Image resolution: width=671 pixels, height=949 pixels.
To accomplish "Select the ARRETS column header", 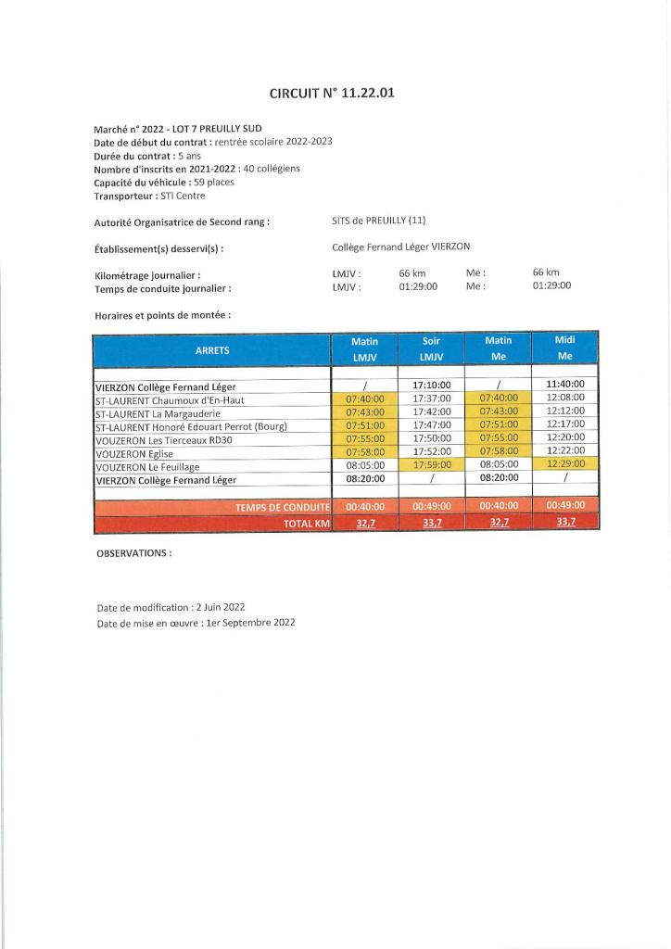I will [212, 350].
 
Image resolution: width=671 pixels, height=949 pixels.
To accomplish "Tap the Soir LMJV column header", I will [431, 348].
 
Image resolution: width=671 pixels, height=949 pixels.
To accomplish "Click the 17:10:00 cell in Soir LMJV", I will [431, 385].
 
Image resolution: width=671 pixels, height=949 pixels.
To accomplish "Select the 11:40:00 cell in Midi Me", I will [565, 384].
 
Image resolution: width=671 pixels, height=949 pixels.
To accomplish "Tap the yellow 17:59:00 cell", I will [431, 465].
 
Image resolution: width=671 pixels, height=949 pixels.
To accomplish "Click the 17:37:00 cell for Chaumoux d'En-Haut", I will [431, 399].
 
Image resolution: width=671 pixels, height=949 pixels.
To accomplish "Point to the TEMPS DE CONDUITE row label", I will [283, 507].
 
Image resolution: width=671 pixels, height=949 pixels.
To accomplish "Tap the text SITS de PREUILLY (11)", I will [378, 221].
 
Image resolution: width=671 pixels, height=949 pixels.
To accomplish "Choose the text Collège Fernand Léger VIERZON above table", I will [400, 247].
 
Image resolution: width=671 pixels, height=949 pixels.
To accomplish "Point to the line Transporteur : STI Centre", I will [149, 196].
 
